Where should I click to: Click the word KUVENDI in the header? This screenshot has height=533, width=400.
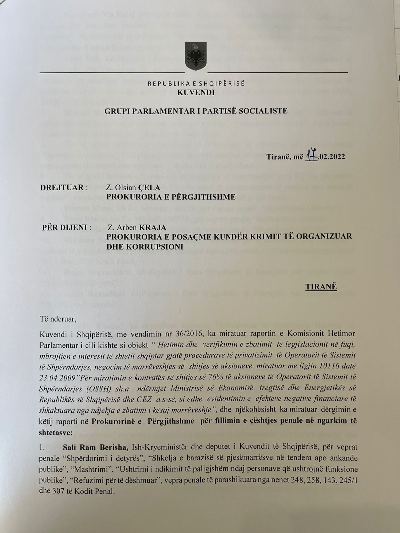[196, 93]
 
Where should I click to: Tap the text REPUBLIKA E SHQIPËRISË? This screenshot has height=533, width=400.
[196, 84]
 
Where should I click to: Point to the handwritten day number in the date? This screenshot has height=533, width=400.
[310, 157]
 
